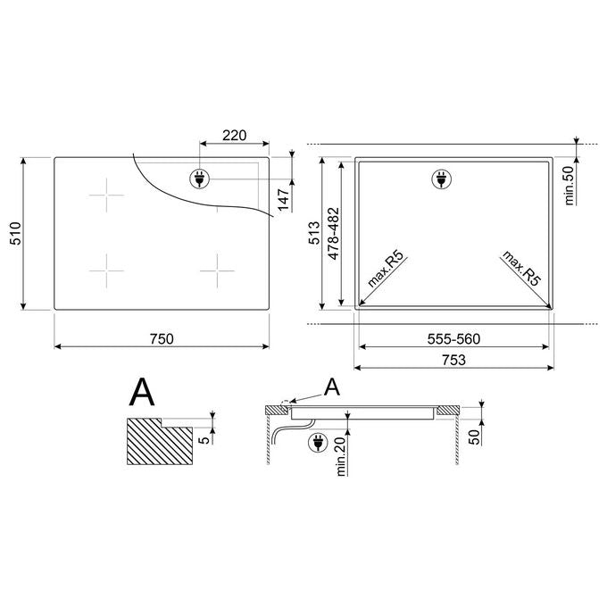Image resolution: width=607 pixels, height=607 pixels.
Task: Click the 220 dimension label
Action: point(234,136)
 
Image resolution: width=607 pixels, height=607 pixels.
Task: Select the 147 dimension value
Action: point(284,200)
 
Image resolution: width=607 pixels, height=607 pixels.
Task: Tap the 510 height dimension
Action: point(15,234)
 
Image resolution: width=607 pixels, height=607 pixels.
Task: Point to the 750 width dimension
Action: point(162,338)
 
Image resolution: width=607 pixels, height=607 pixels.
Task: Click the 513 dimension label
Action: point(314,233)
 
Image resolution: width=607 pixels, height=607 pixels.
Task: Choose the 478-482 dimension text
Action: point(333,234)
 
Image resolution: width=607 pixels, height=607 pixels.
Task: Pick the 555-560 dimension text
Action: point(453,338)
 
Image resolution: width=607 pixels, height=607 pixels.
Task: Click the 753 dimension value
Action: point(453,360)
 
